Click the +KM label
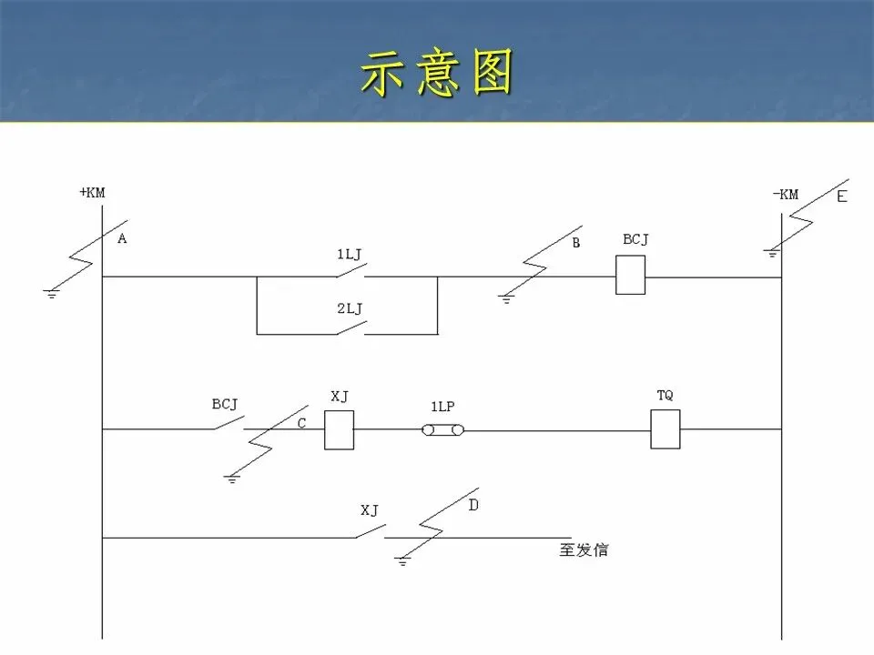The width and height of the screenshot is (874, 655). [93, 193]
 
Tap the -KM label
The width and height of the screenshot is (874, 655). [785, 194]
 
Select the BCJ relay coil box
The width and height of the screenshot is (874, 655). [630, 275]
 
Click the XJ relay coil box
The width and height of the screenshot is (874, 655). [339, 429]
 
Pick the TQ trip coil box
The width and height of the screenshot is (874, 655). [665, 429]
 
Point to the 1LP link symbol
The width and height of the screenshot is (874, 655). [442, 428]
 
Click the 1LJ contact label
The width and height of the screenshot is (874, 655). [350, 255]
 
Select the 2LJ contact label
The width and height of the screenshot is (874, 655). [350, 308]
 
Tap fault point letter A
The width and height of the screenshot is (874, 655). [122, 238]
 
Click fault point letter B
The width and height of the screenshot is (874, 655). [576, 243]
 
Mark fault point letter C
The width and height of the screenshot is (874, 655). [301, 423]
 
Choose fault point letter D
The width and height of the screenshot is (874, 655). [473, 505]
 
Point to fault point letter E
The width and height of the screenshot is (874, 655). [841, 196]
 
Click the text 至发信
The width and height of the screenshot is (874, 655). [584, 550]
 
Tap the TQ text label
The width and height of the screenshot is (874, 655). [665, 396]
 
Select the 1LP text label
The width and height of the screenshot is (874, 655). [442, 407]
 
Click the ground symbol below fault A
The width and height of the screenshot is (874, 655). [51, 294]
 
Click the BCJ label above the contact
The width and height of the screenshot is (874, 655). [225, 404]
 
